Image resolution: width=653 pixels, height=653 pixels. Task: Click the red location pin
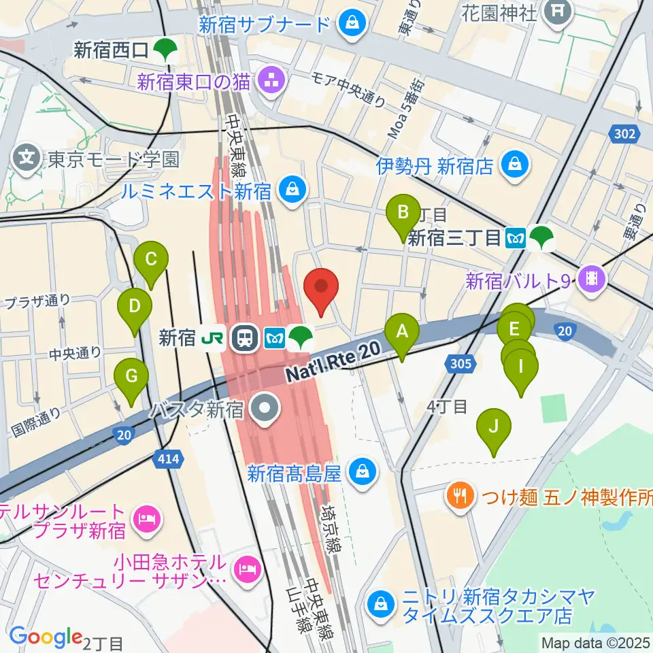pos(323,289)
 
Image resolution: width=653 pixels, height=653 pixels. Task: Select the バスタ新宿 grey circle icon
pos(265,409)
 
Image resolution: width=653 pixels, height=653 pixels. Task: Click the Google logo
pos(46,637)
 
